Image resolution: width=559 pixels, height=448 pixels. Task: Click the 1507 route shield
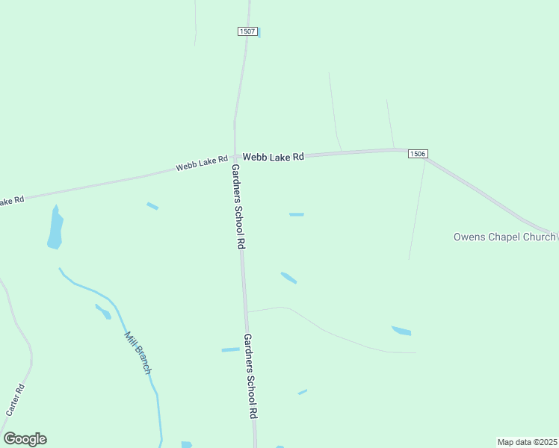(248, 31)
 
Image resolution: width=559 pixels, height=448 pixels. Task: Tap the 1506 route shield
(418, 154)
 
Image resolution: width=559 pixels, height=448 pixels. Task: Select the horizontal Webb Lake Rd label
(274, 157)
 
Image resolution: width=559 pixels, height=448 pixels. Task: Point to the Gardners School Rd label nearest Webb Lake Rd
(238, 207)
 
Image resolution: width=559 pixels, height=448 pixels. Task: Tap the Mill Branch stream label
(138, 352)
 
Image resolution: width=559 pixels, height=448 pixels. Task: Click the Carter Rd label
(16, 399)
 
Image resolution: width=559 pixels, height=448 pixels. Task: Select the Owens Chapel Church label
(505, 237)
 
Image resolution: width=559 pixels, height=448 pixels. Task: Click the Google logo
(25, 439)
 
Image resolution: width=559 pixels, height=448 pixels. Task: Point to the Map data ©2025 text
(527, 442)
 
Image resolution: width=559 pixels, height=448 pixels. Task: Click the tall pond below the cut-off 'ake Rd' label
(55, 228)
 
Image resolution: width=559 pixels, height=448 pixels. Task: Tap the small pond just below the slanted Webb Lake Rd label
(152, 205)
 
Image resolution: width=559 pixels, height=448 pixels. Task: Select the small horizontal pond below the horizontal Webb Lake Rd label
(297, 214)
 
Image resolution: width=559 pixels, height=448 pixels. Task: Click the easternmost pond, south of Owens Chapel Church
(401, 330)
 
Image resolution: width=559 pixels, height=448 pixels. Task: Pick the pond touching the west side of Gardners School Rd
(230, 349)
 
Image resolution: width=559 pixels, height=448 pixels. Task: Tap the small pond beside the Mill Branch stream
(103, 311)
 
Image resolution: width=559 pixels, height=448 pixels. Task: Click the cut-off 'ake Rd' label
(12, 201)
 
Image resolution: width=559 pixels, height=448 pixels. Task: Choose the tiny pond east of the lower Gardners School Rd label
(302, 391)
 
